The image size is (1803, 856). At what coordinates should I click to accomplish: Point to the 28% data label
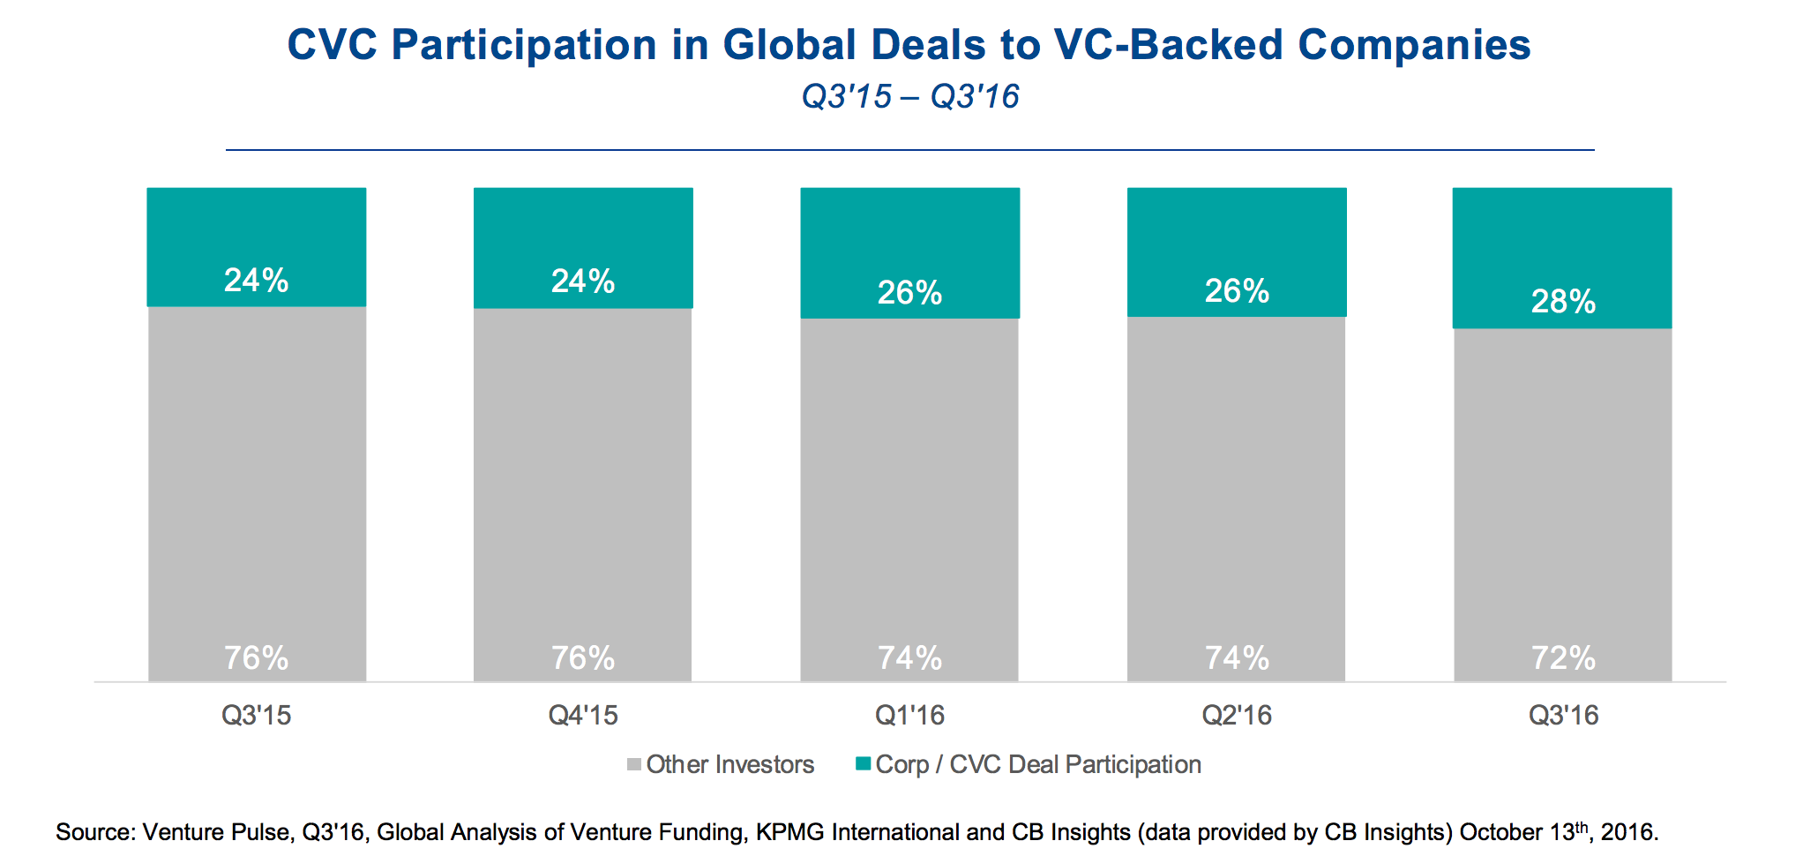pos(1563,302)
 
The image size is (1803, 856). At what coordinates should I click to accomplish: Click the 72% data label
pos(1563,658)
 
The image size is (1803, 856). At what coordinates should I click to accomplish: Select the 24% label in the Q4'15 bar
pos(582,282)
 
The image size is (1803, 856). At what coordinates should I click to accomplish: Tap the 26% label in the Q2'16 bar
pos(1237,291)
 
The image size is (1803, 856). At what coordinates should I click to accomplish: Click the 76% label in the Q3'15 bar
pos(256,658)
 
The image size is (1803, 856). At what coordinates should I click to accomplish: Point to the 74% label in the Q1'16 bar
pos(909,658)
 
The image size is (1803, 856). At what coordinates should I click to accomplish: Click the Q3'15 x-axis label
pos(256,715)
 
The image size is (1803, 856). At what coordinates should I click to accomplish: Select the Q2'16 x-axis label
pos(1237,715)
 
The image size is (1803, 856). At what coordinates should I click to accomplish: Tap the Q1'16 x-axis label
pos(909,715)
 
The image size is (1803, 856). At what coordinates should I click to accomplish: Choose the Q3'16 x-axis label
pos(1563,715)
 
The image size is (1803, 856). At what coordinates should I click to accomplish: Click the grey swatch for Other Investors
pos(633,764)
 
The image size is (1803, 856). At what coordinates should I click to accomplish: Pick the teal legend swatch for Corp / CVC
pos(863,763)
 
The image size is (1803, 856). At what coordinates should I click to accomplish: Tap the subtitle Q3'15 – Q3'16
pos(909,96)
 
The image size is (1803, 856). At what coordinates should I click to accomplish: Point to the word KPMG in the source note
pos(787,832)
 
